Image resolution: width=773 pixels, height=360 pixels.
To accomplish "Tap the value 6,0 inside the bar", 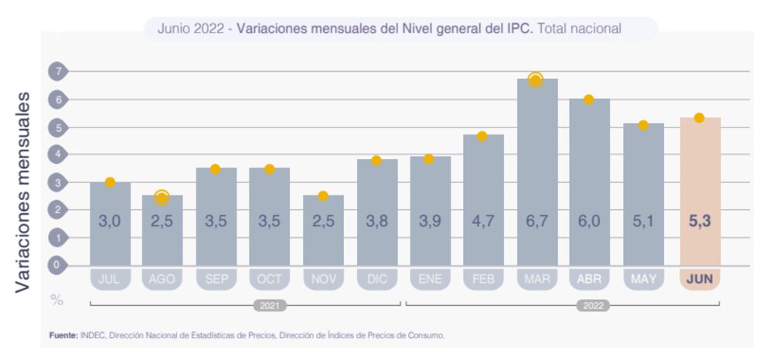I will [589, 221].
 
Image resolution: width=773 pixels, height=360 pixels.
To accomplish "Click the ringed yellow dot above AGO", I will [162, 198].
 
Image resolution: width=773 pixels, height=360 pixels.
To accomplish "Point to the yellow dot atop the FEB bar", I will [482, 136].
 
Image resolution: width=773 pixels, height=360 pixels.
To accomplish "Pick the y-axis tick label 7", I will [57, 72].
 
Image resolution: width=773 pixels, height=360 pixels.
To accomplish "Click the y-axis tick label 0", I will [57, 265].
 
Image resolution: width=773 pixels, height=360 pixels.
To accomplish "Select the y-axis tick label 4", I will [57, 155].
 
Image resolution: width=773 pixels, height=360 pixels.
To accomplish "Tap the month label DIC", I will [376, 279].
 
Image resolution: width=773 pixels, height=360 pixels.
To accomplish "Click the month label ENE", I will [430, 279].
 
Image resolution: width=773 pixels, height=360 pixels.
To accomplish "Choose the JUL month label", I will [110, 279].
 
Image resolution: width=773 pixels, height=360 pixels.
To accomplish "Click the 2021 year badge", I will [270, 305].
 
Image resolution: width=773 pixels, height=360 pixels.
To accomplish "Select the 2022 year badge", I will [592, 305].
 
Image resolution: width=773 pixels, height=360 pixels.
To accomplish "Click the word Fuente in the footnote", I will [63, 335].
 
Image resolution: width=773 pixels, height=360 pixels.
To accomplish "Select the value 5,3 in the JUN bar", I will [700, 221].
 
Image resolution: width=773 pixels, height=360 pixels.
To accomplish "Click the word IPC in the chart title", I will [519, 29].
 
